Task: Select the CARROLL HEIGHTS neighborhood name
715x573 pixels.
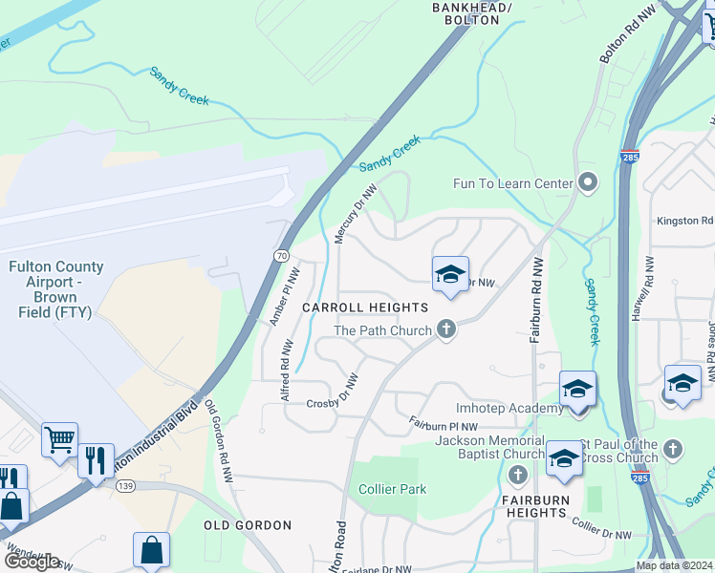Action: (x=365, y=308)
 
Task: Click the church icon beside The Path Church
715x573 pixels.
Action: (x=445, y=329)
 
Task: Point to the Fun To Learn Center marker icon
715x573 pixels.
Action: (x=588, y=182)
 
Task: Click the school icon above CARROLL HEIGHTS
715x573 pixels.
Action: (x=451, y=275)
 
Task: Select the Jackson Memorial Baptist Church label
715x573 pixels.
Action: (x=488, y=447)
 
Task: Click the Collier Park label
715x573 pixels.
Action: (x=393, y=489)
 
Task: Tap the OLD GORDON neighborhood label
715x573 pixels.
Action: (x=248, y=525)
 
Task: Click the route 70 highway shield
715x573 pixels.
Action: (x=281, y=256)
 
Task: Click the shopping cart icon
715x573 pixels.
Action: (x=59, y=440)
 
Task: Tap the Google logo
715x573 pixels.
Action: (x=32, y=561)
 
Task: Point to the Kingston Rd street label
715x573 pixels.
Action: (x=684, y=221)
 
